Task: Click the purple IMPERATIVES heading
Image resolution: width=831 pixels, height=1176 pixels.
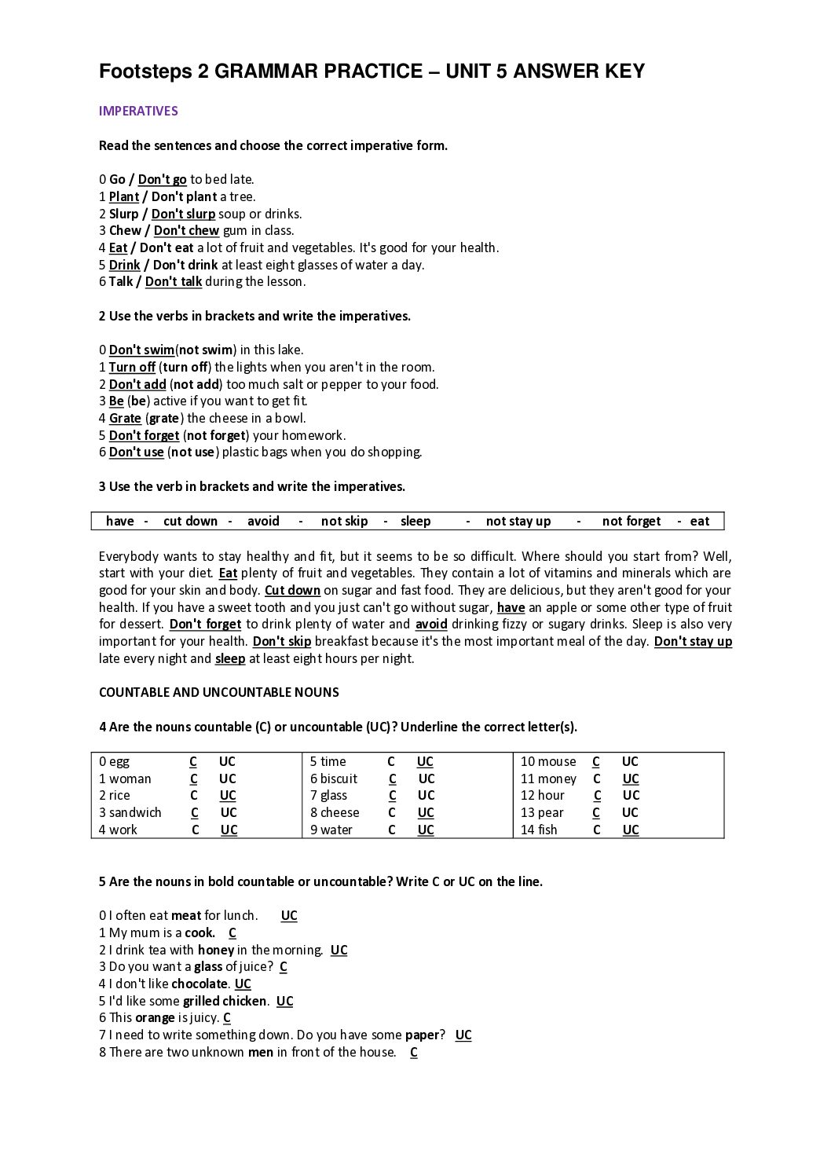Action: tap(138, 111)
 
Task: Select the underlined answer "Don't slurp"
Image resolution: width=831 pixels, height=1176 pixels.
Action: tap(183, 214)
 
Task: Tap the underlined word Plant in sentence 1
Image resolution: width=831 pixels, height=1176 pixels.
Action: tap(124, 196)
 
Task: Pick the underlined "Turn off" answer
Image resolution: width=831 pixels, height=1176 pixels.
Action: tap(132, 367)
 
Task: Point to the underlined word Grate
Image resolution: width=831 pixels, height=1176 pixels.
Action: tap(125, 418)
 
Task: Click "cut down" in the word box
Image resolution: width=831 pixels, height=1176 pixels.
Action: tap(190, 521)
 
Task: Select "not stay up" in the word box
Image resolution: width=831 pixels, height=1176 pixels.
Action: tap(518, 521)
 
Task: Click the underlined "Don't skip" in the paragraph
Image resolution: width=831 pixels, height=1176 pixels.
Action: tap(282, 641)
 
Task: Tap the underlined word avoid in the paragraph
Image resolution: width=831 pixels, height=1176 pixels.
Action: tap(431, 624)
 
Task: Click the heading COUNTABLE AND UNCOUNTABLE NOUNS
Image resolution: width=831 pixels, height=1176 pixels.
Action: tap(219, 692)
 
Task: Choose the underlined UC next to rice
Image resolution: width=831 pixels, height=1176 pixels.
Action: tap(228, 795)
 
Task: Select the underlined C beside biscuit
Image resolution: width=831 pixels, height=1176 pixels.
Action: tap(393, 779)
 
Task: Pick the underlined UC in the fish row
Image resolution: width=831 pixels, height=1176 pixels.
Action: tap(631, 830)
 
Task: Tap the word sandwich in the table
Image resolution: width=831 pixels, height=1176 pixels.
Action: tap(135, 812)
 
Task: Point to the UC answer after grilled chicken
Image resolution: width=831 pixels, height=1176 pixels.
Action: tap(284, 1001)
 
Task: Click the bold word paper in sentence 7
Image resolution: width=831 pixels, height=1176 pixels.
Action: tap(422, 1035)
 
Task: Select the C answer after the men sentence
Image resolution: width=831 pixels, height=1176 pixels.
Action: tap(414, 1052)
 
